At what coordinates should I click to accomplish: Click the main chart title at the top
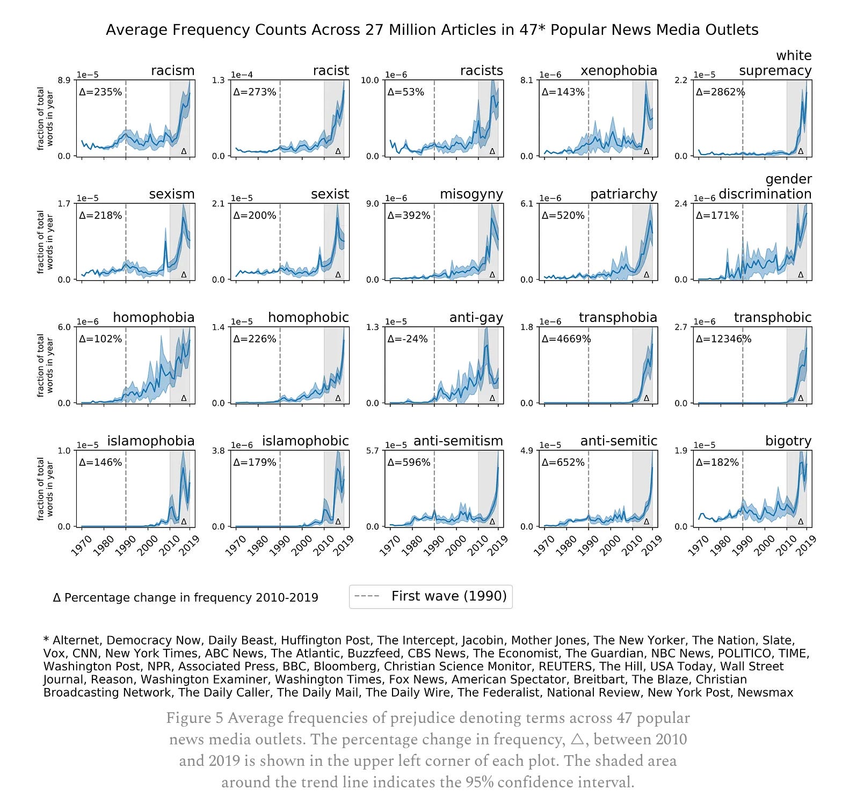(432, 30)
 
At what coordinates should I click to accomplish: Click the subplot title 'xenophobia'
(619, 71)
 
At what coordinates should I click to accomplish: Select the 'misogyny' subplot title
(471, 194)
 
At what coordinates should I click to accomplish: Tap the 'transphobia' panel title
(618, 318)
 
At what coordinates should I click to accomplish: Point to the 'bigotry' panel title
(788, 441)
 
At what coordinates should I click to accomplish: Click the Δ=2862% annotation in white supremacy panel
(720, 92)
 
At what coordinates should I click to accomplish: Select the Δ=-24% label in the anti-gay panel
(408, 339)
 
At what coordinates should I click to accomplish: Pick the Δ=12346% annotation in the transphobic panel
(723, 339)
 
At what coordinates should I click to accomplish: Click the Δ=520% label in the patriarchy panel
(563, 216)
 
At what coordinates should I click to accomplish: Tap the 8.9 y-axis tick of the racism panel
(64, 80)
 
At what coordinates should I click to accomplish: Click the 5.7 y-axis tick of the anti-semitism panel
(373, 451)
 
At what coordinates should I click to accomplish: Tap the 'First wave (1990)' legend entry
(449, 596)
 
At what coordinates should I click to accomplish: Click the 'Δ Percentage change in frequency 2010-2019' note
(185, 598)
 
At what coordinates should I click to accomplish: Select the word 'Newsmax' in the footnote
(765, 692)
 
